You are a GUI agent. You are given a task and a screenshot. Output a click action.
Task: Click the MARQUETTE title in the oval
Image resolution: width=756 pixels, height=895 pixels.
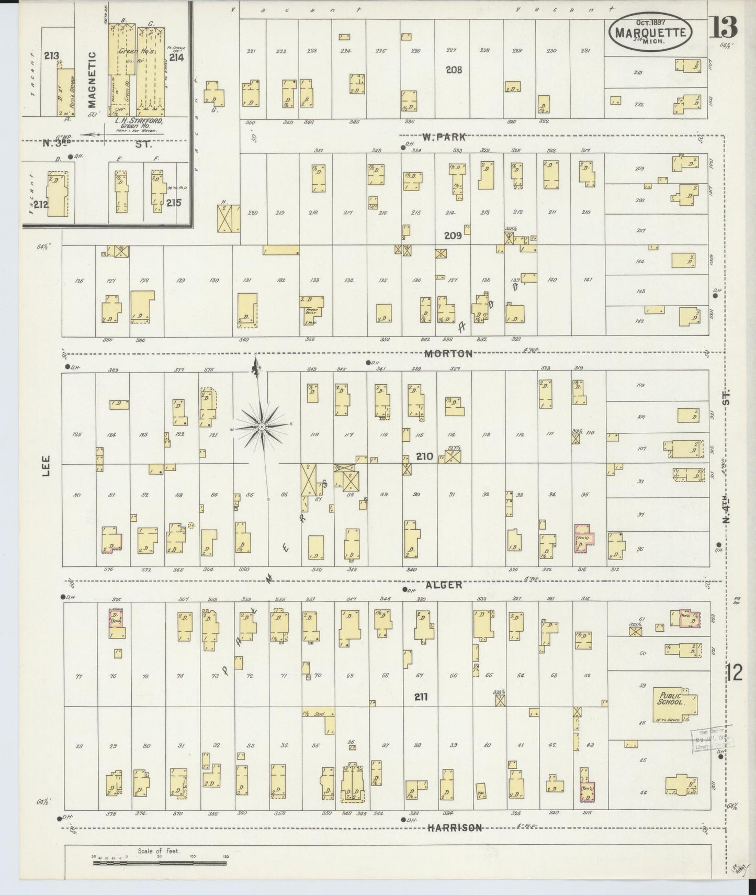pos(650,32)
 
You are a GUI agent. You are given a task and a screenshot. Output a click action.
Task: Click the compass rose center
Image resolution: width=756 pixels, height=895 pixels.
pos(261,427)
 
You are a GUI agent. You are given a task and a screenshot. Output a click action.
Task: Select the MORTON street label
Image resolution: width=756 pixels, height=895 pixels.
pos(448,353)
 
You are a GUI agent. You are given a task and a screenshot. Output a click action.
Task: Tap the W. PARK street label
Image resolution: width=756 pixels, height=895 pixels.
pos(444,138)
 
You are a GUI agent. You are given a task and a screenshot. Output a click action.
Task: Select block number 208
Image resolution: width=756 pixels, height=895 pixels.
pos(454,70)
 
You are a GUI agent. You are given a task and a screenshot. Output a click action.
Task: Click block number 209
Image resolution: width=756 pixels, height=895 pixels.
pos(453,236)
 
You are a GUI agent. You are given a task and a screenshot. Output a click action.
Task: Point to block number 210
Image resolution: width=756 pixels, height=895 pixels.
pos(424,456)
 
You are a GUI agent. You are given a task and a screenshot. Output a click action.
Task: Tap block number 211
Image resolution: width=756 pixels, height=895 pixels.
pos(421,697)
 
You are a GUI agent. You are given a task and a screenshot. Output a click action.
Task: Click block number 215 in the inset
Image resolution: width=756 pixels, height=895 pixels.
pos(173,203)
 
